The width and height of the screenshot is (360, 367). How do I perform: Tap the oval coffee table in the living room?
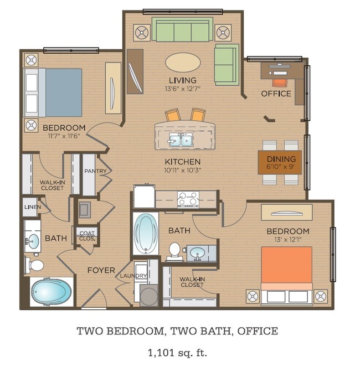click(183, 61)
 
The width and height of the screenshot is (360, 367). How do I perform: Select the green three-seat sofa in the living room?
click(182, 30)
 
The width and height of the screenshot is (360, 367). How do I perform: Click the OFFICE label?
click(276, 94)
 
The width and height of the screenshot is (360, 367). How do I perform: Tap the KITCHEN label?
click(182, 162)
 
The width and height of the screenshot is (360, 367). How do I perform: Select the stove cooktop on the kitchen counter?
click(187, 198)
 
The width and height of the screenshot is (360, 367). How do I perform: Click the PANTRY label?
click(95, 171)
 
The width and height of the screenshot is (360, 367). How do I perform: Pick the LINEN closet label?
click(30, 207)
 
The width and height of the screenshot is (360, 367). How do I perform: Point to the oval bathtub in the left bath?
click(52, 292)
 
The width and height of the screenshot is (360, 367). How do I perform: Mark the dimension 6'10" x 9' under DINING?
click(280, 165)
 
